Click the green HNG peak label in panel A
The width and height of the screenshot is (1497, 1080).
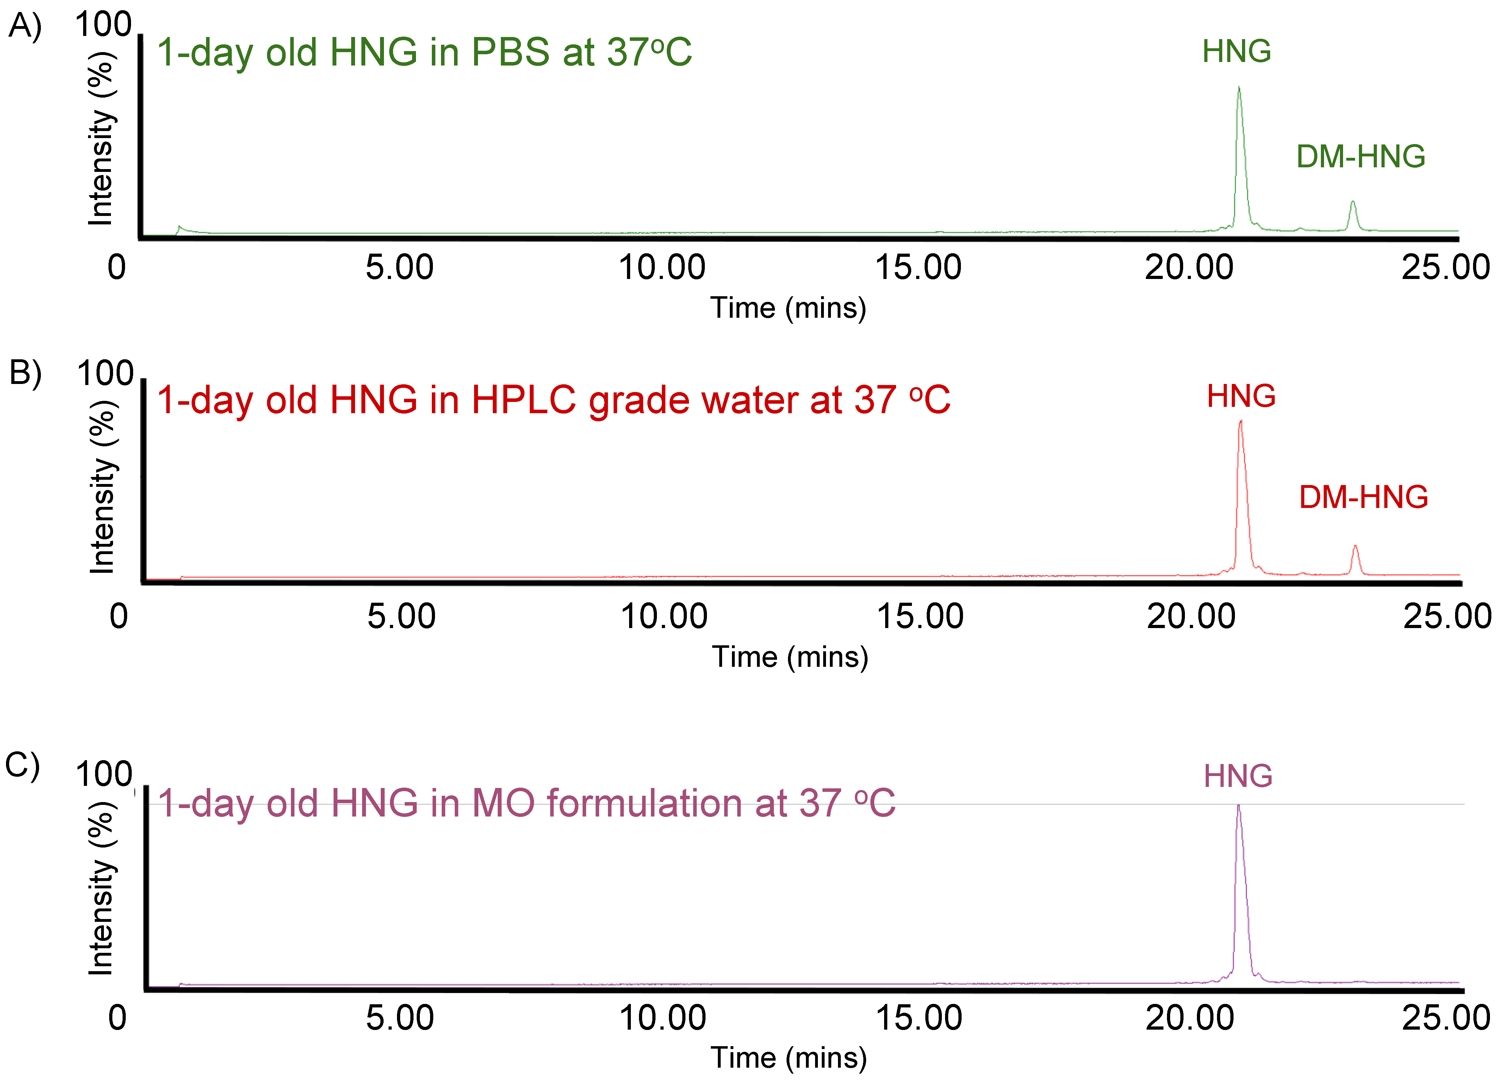pos(1236,51)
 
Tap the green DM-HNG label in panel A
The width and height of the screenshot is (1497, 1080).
pos(1360,157)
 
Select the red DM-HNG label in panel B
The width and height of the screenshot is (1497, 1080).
pos(1363,498)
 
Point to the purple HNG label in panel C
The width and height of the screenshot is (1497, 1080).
pos(1238,776)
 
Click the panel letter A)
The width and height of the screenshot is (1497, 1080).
pos(25,26)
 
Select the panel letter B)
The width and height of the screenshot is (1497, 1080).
pos(25,373)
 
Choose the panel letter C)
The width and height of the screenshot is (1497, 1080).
pos(23,766)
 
